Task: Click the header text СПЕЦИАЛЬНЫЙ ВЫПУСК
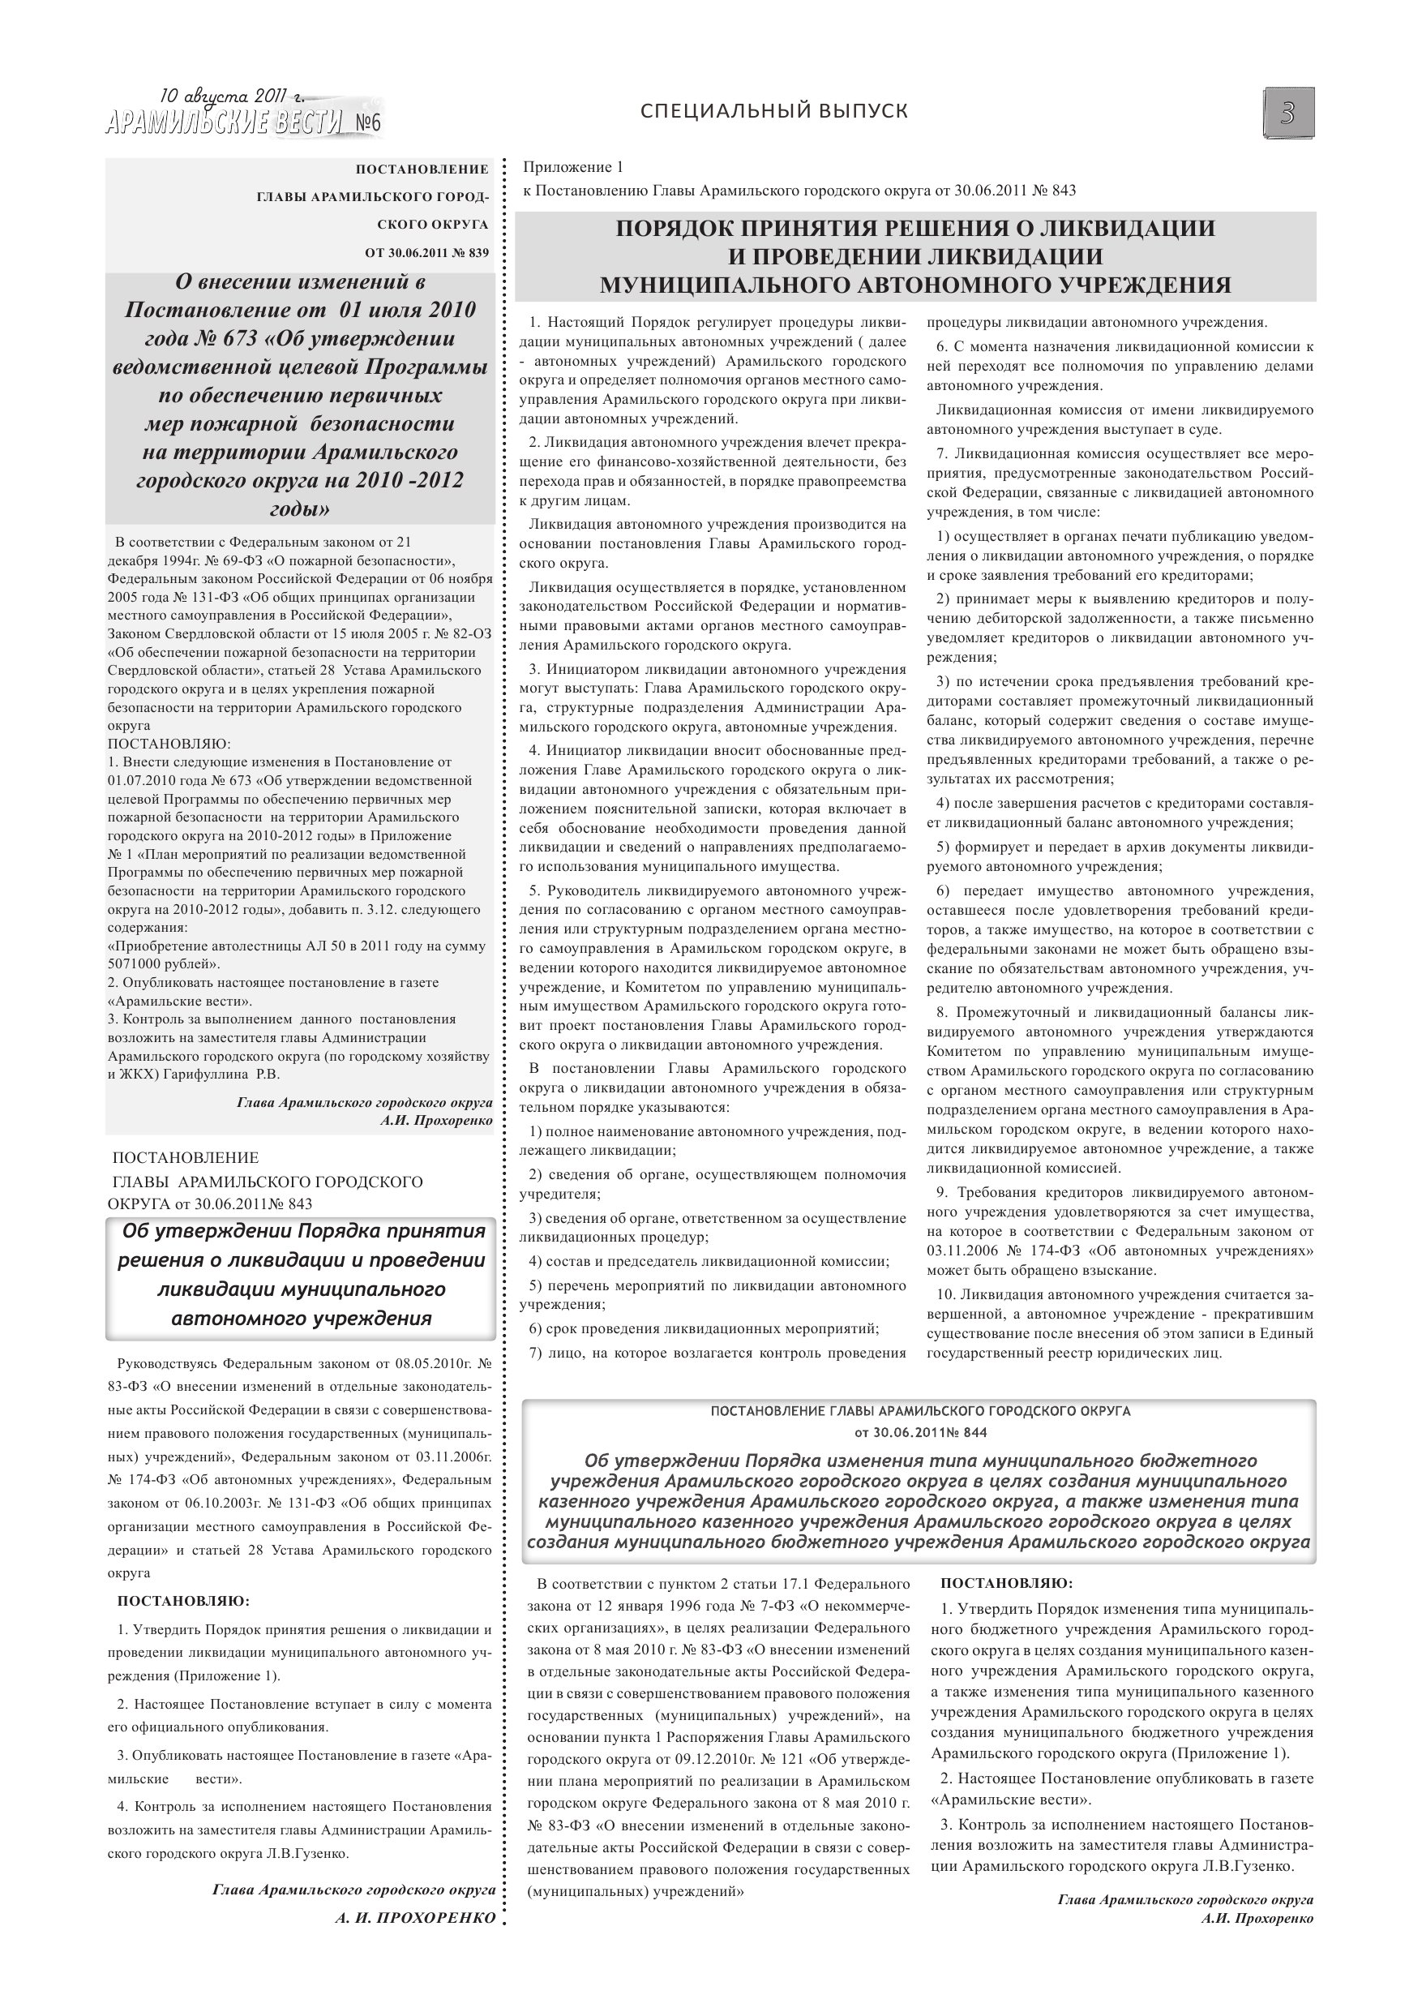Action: pos(773,111)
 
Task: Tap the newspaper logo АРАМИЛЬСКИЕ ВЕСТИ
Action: pos(225,123)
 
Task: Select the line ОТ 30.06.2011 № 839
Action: pos(426,253)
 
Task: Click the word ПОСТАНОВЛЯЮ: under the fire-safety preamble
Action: pos(168,744)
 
